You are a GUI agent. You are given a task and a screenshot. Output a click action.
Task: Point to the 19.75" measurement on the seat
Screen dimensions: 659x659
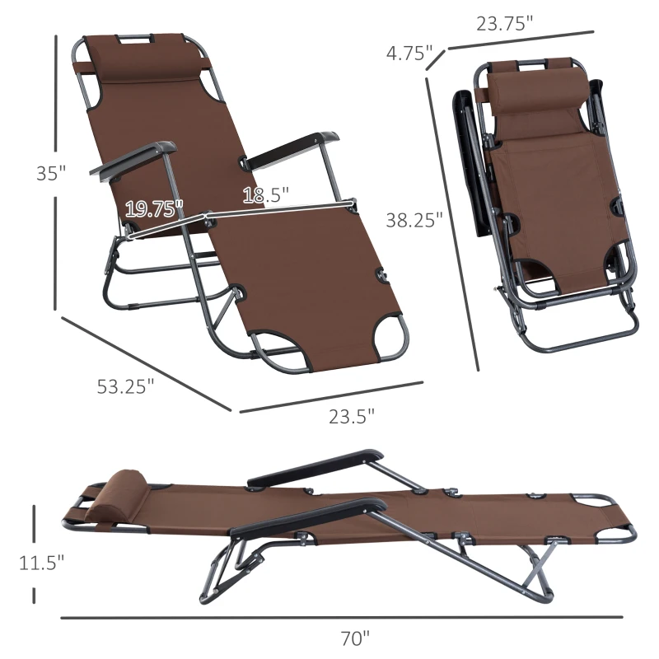pyautogui.click(x=154, y=209)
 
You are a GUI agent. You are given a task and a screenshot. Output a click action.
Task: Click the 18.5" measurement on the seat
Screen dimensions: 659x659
pyautogui.click(x=265, y=195)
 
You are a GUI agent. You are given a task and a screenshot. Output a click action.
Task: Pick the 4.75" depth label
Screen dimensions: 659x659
pyautogui.click(x=409, y=54)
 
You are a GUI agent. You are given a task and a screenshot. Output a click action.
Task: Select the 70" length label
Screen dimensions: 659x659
pyautogui.click(x=355, y=637)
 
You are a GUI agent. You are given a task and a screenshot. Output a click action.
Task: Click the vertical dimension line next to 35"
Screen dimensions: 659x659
pyautogui.click(x=56, y=173)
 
